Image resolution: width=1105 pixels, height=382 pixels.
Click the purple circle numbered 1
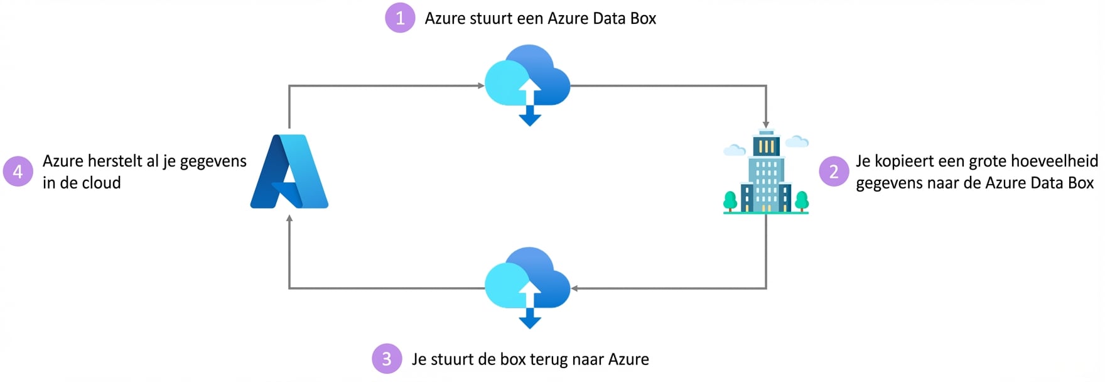point(400,18)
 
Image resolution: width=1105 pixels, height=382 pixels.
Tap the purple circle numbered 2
point(834,172)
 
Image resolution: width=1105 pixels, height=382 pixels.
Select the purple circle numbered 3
point(387,359)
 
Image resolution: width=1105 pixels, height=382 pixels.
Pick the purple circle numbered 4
point(18,172)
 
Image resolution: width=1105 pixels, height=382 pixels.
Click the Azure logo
point(289,171)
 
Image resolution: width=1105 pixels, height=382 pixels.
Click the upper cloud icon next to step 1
point(527,79)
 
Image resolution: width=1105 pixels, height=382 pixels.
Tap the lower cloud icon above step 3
point(527,281)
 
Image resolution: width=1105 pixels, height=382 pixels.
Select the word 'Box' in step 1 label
point(643,19)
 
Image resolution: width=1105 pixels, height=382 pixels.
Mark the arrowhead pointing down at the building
point(766,124)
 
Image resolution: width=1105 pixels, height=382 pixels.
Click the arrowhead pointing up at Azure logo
point(289,219)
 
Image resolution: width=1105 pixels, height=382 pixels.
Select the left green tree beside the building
point(730,201)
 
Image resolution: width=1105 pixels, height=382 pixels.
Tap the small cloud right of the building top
point(797,141)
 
